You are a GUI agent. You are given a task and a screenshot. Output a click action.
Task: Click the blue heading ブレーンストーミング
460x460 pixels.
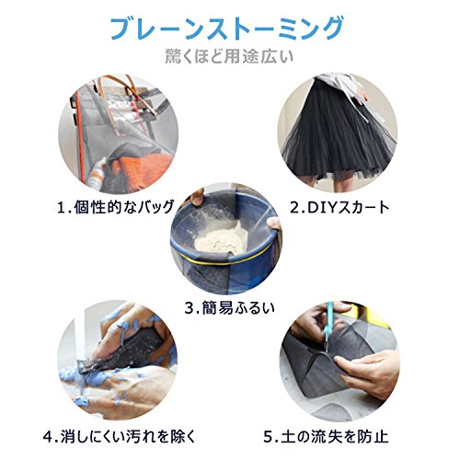pyautogui.click(x=227, y=29)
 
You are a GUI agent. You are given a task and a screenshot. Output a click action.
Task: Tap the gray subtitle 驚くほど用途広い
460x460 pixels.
pyautogui.click(x=229, y=56)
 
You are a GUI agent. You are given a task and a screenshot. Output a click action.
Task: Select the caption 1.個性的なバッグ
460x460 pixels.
pyautogui.click(x=116, y=207)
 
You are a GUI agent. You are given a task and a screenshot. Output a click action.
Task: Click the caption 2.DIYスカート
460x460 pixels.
pyautogui.click(x=339, y=208)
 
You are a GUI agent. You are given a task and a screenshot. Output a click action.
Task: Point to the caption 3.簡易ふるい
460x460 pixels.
pyautogui.click(x=229, y=308)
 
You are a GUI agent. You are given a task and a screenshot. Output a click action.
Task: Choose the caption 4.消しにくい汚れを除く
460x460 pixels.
pyautogui.click(x=120, y=436)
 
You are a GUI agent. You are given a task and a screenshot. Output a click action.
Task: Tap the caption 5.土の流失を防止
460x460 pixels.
pyautogui.click(x=326, y=436)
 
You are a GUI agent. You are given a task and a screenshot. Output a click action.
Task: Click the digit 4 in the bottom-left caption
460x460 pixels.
pyautogui.click(x=48, y=437)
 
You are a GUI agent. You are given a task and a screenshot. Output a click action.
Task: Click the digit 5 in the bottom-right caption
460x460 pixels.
pyautogui.click(x=269, y=437)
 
